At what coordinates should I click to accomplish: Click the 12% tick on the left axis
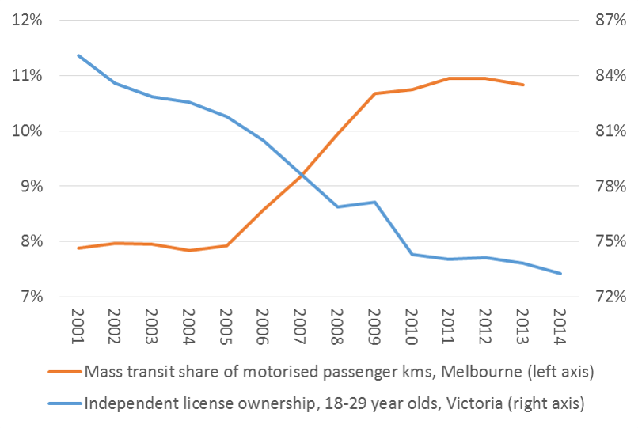click(27, 21)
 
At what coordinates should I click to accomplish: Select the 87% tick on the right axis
click(610, 21)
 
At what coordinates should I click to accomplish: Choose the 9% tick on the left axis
click(30, 187)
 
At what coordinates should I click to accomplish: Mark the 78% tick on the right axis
click(610, 187)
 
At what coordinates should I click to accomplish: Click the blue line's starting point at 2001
click(78, 55)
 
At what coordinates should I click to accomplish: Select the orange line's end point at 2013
click(523, 85)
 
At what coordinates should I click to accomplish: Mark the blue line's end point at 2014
click(560, 274)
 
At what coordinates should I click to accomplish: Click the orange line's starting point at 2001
click(78, 248)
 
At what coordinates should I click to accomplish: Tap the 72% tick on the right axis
click(610, 297)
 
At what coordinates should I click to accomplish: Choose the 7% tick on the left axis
click(30, 297)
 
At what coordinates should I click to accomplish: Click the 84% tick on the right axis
click(610, 76)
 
